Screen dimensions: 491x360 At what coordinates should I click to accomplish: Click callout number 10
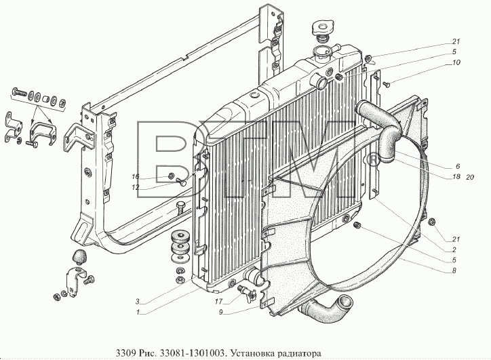(x=456, y=62)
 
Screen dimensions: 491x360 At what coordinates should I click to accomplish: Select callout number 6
(x=458, y=166)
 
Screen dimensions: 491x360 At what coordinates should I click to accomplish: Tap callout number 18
(x=456, y=177)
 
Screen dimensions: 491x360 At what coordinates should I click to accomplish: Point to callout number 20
(x=470, y=177)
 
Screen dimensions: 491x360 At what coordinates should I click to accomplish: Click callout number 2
(x=454, y=249)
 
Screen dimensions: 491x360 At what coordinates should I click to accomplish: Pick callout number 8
(x=454, y=271)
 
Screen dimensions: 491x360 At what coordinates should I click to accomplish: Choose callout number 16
(x=135, y=177)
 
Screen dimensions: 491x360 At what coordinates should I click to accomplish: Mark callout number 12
(x=135, y=187)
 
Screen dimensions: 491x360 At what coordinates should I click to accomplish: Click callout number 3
(x=137, y=302)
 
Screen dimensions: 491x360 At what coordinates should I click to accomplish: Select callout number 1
(x=137, y=312)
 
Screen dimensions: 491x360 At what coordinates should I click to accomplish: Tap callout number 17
(x=218, y=302)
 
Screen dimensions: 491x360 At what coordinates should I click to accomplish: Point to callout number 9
(x=221, y=312)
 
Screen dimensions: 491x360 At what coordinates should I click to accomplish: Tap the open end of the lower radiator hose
(x=347, y=303)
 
